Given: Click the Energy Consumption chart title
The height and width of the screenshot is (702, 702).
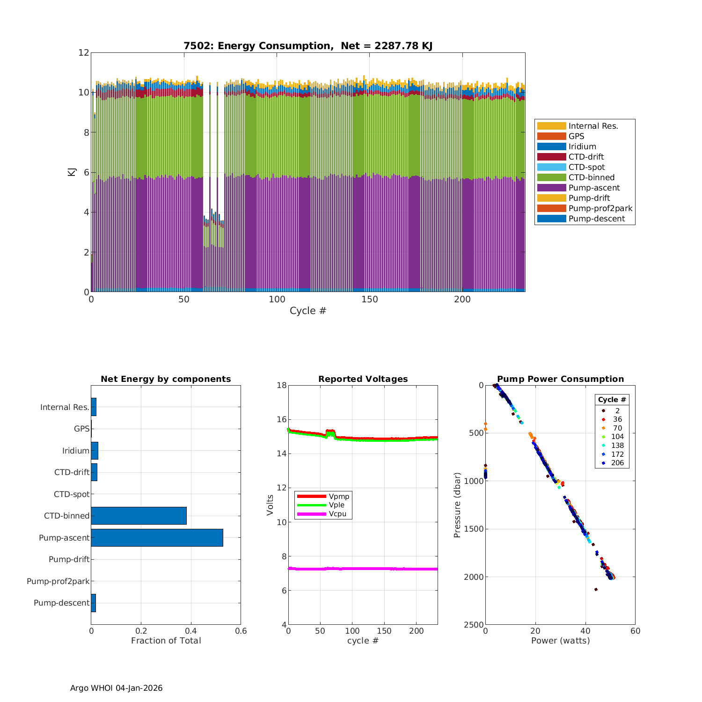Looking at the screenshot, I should pyautogui.click(x=307, y=46).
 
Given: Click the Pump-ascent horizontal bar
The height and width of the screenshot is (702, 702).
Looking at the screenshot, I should pyautogui.click(x=157, y=538).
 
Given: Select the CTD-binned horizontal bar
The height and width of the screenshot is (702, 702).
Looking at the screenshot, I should pyautogui.click(x=139, y=516).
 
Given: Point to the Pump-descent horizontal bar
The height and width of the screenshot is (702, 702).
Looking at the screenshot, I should pyautogui.click(x=93, y=603).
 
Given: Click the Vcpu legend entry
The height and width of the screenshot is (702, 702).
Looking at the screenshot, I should pyautogui.click(x=337, y=514).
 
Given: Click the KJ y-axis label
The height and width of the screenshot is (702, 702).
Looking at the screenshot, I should pyautogui.click(x=72, y=172).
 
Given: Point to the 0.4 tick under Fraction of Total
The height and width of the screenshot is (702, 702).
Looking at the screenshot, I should pyautogui.click(x=191, y=631).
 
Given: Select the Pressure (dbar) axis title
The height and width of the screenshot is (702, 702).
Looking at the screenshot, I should pyautogui.click(x=457, y=505).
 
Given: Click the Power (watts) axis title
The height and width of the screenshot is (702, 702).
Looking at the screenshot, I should pyautogui.click(x=560, y=640).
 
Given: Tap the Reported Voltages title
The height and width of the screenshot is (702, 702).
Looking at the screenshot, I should pyautogui.click(x=363, y=379).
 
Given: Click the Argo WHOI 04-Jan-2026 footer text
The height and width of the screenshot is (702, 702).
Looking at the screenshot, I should pyautogui.click(x=117, y=688).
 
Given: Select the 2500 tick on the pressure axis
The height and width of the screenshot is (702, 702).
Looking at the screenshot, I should pyautogui.click(x=474, y=625).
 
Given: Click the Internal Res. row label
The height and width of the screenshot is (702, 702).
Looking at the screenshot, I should pyautogui.click(x=65, y=407).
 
